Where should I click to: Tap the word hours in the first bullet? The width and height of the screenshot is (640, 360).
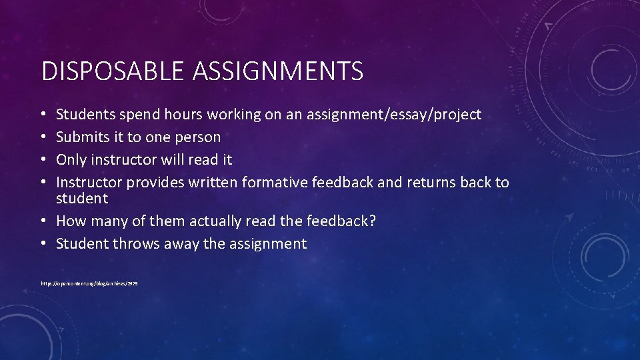(180, 115)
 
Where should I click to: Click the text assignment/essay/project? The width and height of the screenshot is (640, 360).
(393, 115)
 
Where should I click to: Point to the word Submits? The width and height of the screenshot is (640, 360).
(81, 137)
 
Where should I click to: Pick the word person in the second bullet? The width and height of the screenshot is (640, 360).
(199, 137)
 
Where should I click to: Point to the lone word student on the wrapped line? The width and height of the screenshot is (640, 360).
(81, 199)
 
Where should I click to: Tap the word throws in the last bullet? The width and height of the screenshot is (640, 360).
(137, 244)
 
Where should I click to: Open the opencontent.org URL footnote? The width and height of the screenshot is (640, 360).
(89, 283)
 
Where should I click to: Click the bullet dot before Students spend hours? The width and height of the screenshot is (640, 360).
(44, 115)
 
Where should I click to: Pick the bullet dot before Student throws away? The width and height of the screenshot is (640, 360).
(44, 245)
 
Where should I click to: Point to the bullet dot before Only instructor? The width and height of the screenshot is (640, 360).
(44, 161)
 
